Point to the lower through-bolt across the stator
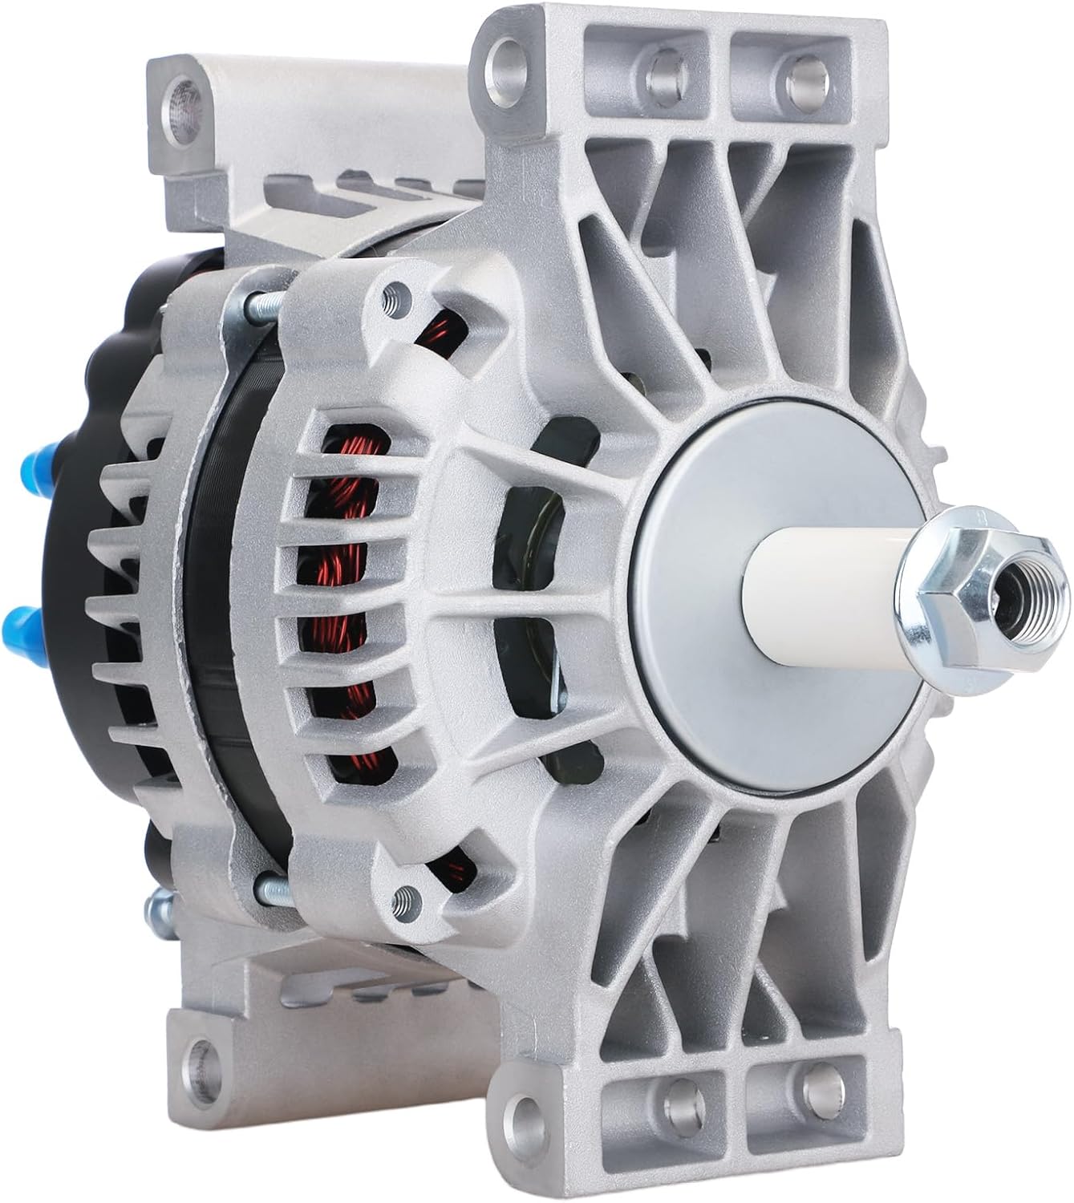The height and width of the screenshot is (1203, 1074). [273, 888]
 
